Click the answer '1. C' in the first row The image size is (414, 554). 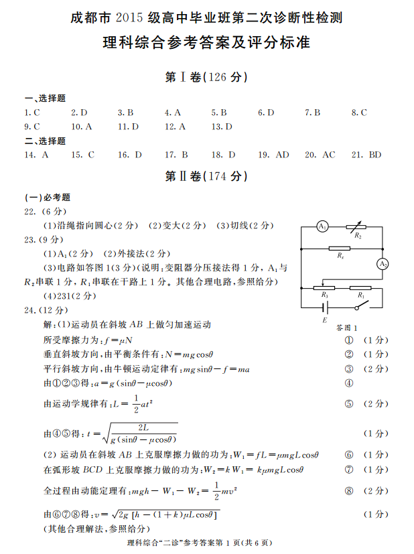pos(32,113)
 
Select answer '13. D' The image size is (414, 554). pos(221,126)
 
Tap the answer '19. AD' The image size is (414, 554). pos(273,155)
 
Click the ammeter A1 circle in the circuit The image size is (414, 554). pos(322,226)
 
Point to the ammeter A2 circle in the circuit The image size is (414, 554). pos(383,264)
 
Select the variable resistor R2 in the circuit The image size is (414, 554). pos(356,227)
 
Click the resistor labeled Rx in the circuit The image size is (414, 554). pos(341,249)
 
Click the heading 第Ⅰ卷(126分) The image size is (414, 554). pos(206,78)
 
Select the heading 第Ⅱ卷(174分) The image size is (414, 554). pos(206,177)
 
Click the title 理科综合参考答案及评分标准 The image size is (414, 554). pos(206,43)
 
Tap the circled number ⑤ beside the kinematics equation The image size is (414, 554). pos(348,403)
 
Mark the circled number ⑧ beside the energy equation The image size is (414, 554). pos(348,491)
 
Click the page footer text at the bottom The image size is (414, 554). pos(207,543)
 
